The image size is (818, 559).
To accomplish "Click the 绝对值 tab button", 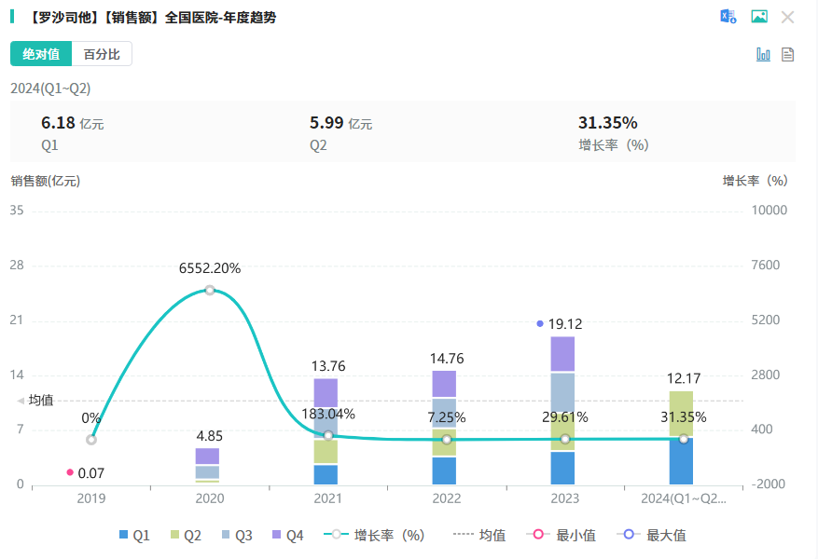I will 41,54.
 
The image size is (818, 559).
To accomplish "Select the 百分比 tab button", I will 102,54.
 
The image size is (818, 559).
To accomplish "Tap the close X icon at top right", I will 787,17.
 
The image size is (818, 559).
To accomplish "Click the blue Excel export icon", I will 728,17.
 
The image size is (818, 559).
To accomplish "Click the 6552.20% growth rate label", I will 210,268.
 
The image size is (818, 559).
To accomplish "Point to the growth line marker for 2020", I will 210,290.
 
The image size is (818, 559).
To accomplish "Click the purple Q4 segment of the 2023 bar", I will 562,354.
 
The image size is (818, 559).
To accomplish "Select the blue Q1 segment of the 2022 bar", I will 445,470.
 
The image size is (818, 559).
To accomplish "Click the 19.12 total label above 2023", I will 565,324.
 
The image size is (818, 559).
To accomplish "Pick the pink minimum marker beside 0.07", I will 70,472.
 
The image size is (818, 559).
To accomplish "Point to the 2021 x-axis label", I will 327,498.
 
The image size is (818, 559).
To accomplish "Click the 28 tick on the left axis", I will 16,266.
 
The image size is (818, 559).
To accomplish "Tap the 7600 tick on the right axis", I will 769,266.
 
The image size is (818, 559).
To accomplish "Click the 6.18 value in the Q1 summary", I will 58,123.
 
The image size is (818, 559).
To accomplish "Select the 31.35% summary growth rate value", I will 607,123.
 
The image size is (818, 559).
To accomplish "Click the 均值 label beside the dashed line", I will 41,400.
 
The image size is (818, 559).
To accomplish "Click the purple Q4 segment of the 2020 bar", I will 207,456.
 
